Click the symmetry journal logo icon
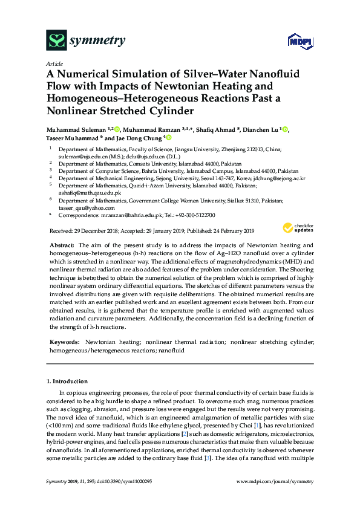[56, 41]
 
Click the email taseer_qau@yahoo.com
[82, 207]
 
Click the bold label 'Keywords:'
[64, 342]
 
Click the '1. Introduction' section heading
[67, 381]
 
